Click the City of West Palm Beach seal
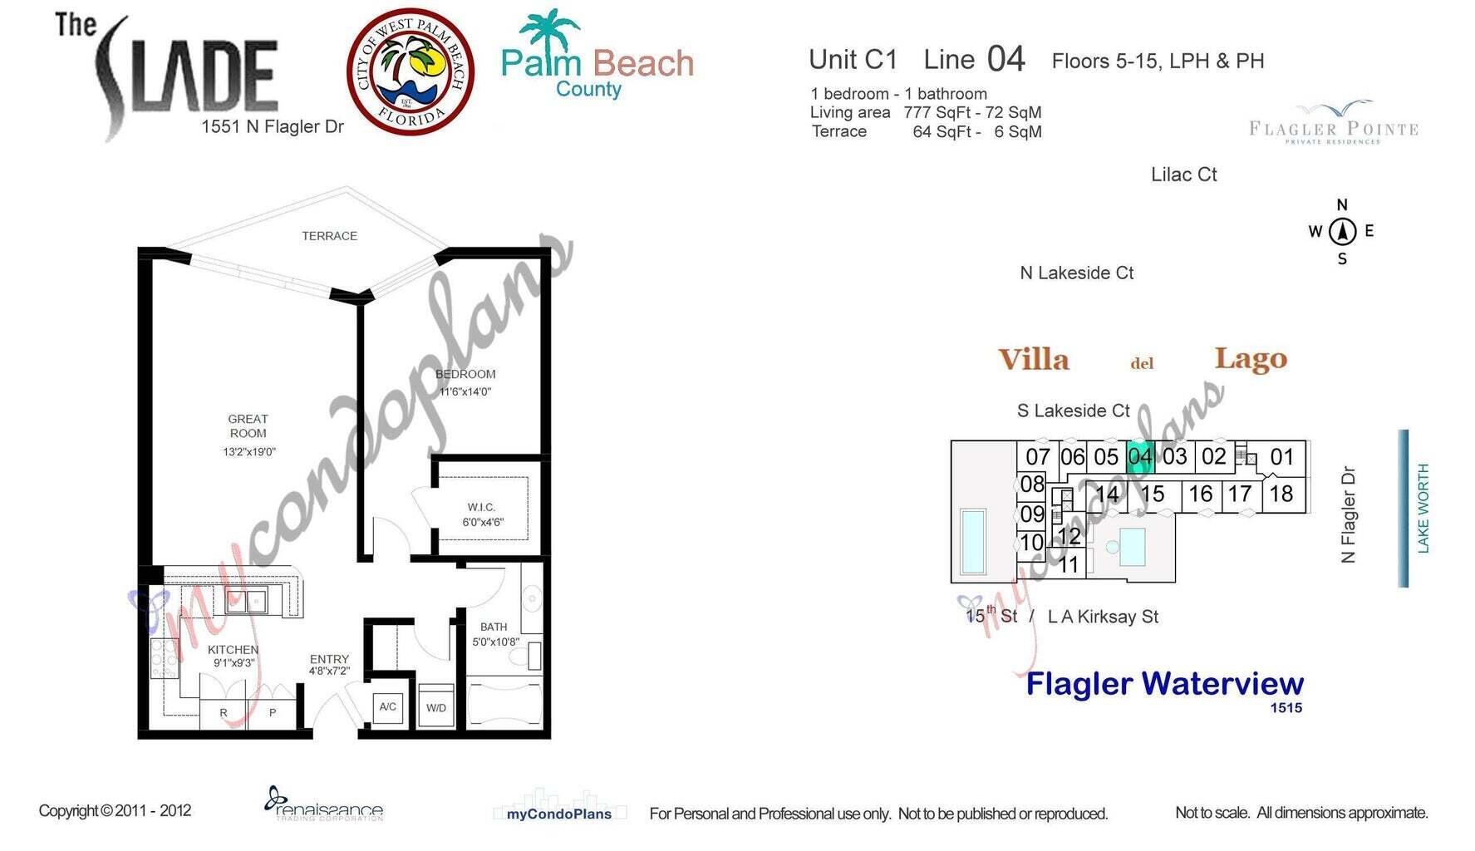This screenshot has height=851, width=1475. (410, 71)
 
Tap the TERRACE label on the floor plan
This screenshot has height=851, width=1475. (329, 236)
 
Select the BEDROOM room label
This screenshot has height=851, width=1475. (465, 375)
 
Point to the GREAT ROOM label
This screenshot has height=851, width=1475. (248, 425)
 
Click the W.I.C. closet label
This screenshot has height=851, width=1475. (481, 507)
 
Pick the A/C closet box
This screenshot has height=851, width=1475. (388, 707)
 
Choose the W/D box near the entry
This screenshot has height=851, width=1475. (436, 708)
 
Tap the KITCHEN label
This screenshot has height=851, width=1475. (233, 650)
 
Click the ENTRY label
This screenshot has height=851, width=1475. (329, 659)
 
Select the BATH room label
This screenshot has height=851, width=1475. (494, 627)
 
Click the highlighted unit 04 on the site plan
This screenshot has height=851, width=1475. (1140, 456)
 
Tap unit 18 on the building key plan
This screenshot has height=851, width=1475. (1281, 494)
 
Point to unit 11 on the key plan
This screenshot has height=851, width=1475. (1068, 565)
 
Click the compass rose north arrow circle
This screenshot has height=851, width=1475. (1342, 232)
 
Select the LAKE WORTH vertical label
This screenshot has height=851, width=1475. (1423, 508)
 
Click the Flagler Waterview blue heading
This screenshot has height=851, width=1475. (1164, 684)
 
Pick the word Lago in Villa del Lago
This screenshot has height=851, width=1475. (1251, 358)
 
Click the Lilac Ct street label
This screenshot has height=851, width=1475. (1183, 175)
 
